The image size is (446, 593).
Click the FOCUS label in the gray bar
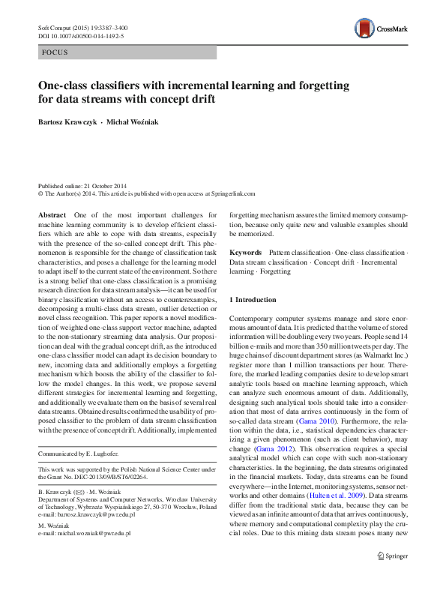[55, 52]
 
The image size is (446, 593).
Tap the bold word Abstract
[52, 215]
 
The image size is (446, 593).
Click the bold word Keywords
[245, 253]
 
